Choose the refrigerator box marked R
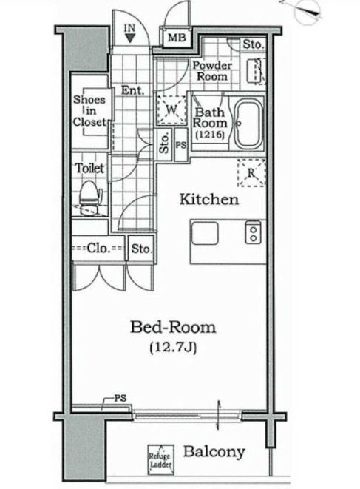coord(251,172)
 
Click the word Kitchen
coord(209,200)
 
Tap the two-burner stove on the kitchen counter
coord(253,234)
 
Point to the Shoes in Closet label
coord(89,111)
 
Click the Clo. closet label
coord(98,249)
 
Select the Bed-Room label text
coord(173,326)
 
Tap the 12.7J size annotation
coord(173,345)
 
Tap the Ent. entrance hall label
coord(132,92)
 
